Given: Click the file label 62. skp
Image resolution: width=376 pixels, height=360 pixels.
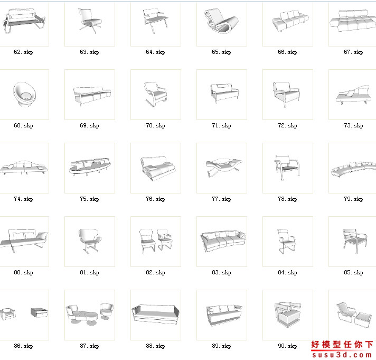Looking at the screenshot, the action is coord(23,52).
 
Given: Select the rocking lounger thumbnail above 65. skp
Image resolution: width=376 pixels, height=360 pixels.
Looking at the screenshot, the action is coord(221,21).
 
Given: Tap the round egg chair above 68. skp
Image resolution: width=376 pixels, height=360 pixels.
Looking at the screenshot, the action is coord(25,94).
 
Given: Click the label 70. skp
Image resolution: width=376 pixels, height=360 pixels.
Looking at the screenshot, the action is coord(155,125).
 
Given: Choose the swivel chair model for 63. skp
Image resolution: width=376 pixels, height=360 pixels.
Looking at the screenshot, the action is coord(90,21).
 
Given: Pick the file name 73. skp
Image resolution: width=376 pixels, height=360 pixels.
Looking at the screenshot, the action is coord(353,125).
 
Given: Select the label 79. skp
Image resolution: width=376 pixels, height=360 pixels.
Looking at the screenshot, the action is coord(353,199).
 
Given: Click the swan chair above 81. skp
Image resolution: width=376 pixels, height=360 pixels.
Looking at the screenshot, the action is coord(90,241).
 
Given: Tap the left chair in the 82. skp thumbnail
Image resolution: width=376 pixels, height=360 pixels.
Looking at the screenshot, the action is coord(147,241).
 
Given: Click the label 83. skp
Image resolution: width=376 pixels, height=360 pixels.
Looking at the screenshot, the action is coord(221,272).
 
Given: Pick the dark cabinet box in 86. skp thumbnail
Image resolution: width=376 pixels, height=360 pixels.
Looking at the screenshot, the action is coord(39,312).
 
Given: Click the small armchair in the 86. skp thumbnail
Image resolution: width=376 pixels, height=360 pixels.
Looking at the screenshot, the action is coord(8,314).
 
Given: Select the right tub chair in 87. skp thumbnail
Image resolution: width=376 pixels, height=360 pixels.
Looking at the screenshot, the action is coord(107,311).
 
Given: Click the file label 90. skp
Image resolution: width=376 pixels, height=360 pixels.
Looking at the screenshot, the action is coord(287,346).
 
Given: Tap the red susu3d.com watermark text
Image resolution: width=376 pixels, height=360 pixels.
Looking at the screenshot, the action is coord(342,355).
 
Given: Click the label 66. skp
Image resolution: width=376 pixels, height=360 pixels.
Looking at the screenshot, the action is coord(287,52).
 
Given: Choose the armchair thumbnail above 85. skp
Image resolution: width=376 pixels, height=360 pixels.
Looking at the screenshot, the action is coord(355,241).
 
